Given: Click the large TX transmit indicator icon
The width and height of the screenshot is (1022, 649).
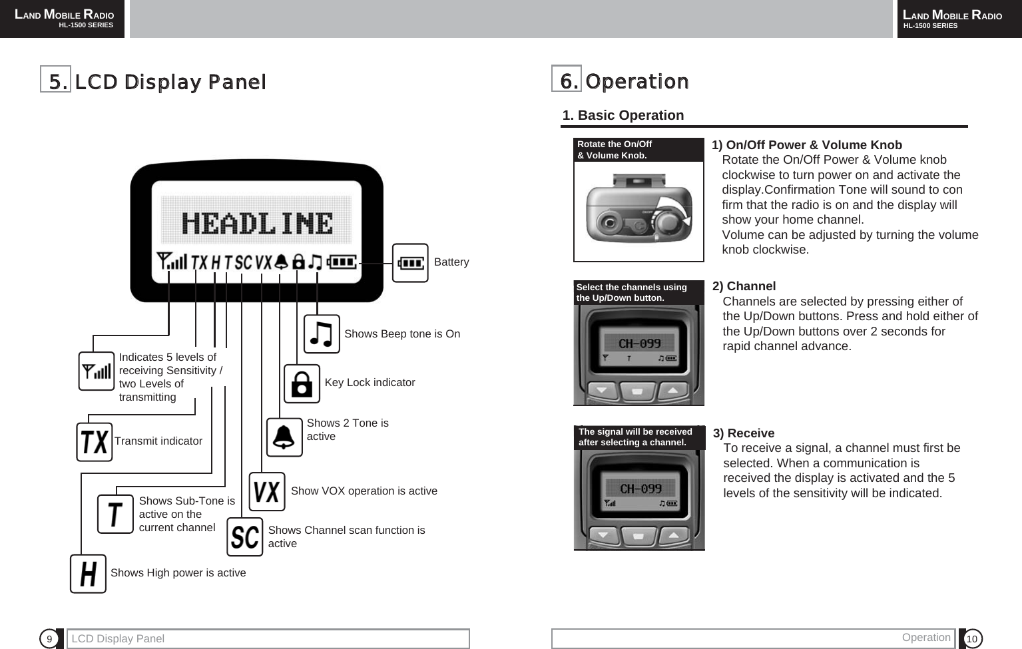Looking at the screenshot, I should (x=94, y=442).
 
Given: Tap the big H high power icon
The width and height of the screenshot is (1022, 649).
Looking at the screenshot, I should (x=88, y=574).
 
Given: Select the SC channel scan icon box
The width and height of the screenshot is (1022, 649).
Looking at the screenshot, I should (x=244, y=537).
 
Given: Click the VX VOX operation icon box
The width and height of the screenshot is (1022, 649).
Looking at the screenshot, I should (x=266, y=492).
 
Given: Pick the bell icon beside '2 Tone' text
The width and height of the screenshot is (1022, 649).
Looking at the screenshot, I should (x=284, y=437).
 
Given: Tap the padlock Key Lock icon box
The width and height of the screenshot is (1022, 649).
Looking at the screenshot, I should (x=302, y=384).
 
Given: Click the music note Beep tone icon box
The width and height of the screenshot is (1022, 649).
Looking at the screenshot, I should (x=322, y=334).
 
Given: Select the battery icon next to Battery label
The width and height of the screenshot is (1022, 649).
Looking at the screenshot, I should (x=410, y=264).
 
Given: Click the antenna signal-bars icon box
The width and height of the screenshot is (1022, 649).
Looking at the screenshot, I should (x=97, y=371).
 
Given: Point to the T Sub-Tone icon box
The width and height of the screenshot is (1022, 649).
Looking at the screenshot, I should (x=115, y=515).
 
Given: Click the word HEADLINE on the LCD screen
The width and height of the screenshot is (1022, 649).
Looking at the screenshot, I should (x=257, y=224).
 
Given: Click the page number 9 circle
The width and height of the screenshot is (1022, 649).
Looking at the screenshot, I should (x=49, y=639).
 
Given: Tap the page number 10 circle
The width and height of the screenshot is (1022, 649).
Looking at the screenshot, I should (x=971, y=639).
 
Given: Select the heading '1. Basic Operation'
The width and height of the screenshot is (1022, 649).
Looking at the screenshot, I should (x=623, y=115).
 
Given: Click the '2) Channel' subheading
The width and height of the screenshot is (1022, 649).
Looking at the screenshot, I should (x=744, y=286).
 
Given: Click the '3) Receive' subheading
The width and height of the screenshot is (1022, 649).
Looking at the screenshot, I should (x=744, y=433).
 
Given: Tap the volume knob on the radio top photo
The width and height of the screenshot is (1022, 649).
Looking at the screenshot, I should (x=669, y=219).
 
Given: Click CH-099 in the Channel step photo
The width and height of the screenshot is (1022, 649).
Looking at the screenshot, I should (x=639, y=343).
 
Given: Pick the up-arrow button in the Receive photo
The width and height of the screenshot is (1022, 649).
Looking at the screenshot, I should (x=674, y=535).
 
